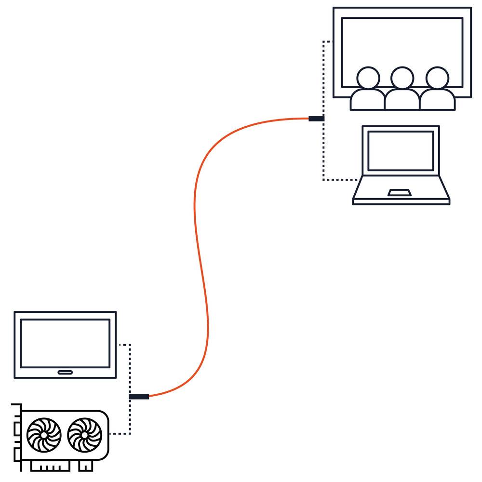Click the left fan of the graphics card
click(x=44, y=435)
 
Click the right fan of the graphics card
click(x=85, y=435)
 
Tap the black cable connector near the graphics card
click(x=139, y=397)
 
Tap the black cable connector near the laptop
click(x=316, y=119)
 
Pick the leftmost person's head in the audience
click(x=368, y=78)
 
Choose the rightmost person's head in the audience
click(x=437, y=78)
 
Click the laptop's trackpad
click(x=400, y=193)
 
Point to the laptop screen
click(x=401, y=150)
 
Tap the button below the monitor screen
click(x=65, y=372)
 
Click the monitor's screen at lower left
click(x=65, y=342)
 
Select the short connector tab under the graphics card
click(x=85, y=466)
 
